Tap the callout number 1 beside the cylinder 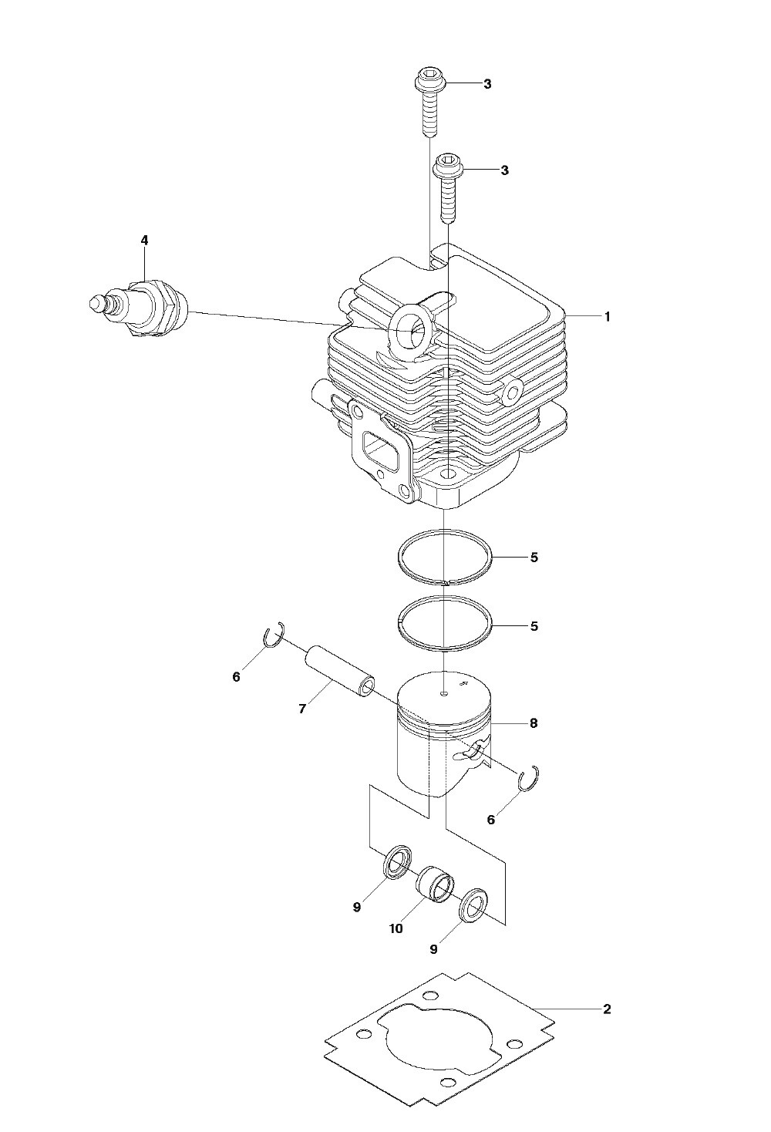click(608, 317)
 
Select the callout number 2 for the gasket click(607, 1009)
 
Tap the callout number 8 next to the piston click(534, 723)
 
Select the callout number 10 click(396, 928)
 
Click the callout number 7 click(302, 709)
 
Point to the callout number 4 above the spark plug click(144, 240)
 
